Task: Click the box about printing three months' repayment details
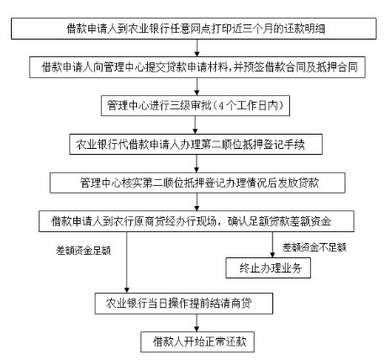193,29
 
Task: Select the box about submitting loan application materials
198,67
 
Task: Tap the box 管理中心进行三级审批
195,106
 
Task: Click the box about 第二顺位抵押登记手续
196,145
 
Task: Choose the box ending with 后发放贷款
198,183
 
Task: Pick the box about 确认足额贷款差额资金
197,221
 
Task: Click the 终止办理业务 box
268,268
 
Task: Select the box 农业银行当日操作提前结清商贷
184,304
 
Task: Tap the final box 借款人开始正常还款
198,341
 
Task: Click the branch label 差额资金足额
83,251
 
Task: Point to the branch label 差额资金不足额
314,247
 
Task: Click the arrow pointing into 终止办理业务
272,245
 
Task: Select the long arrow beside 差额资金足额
127,262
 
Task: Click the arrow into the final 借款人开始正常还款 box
197,323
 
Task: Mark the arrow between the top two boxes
197,48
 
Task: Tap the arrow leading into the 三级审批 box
197,87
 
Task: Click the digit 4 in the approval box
221,106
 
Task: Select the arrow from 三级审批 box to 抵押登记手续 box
195,124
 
